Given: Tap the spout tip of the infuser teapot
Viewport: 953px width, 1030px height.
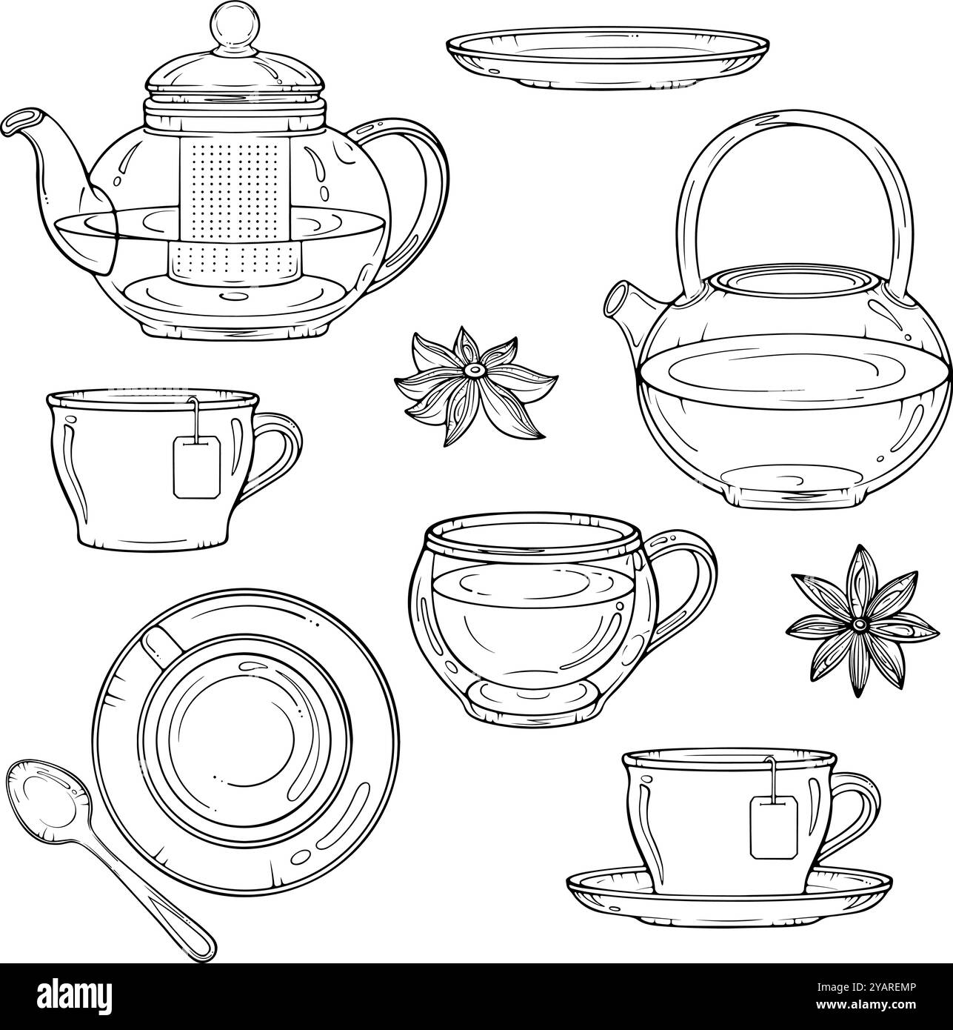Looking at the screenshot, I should [x=19, y=121].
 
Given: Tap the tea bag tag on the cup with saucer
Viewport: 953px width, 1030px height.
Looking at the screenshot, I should [x=774, y=826].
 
